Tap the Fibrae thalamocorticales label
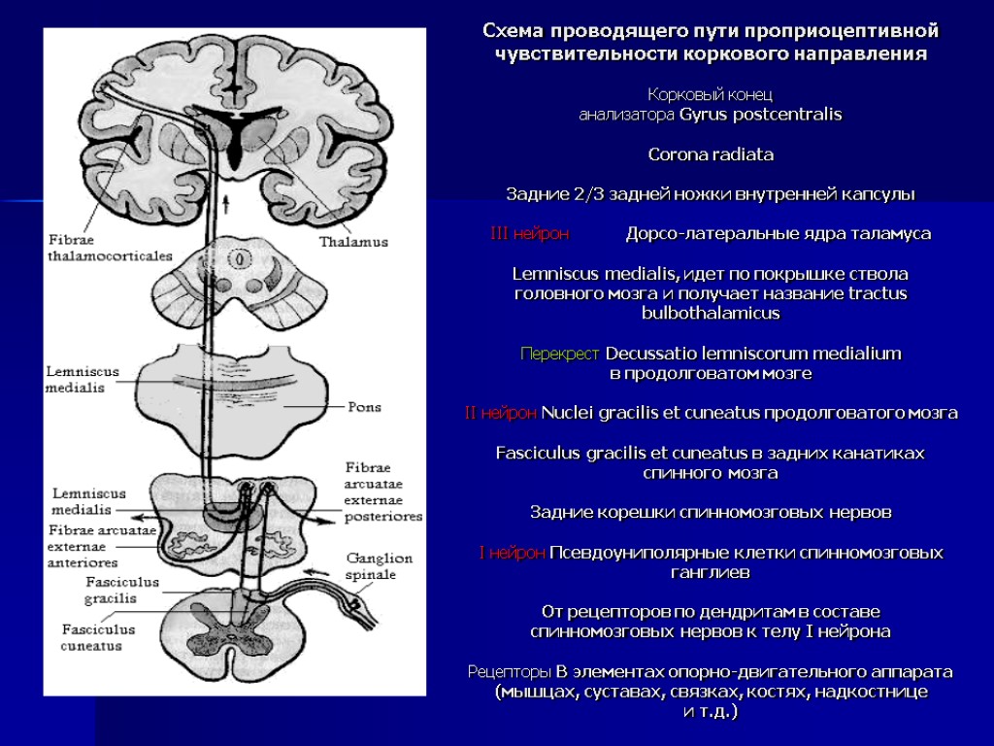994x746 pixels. (x=110, y=247)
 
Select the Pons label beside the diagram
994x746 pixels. (x=364, y=407)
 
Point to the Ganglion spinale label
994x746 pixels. (x=380, y=566)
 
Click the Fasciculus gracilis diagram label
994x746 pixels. (x=94, y=591)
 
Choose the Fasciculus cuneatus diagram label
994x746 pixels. (x=98, y=636)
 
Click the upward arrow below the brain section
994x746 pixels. (x=227, y=203)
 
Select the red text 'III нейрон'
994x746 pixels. (x=530, y=234)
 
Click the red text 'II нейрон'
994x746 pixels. (x=500, y=413)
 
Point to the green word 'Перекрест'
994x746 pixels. (x=560, y=353)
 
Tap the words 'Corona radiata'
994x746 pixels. (x=710, y=154)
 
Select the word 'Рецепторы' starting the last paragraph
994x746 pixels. (x=510, y=671)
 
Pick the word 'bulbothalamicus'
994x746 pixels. (x=710, y=314)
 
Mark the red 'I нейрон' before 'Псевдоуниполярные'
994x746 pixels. (x=512, y=553)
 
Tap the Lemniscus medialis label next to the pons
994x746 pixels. (x=83, y=380)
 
